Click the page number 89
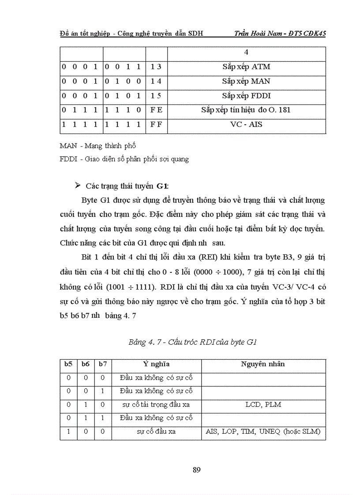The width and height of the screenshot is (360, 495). [197, 469]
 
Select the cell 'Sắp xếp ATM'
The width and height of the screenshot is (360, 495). [246, 67]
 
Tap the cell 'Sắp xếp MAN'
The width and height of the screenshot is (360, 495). [246, 81]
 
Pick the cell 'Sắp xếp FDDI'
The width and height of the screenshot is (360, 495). [246, 96]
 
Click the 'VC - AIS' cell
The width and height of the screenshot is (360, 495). [246, 124]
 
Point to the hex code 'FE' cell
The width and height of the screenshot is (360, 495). [156, 110]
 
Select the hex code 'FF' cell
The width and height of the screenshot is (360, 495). [156, 124]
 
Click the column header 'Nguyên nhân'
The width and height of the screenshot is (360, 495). [263, 364]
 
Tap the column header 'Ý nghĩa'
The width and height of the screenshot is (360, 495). [156, 364]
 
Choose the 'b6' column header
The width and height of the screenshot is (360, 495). [85, 364]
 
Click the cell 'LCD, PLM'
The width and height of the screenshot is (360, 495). [263, 404]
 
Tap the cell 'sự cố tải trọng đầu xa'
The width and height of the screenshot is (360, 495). [156, 404]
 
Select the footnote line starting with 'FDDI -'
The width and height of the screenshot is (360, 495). [124, 159]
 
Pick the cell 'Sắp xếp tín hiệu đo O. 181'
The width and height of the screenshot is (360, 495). [246, 110]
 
